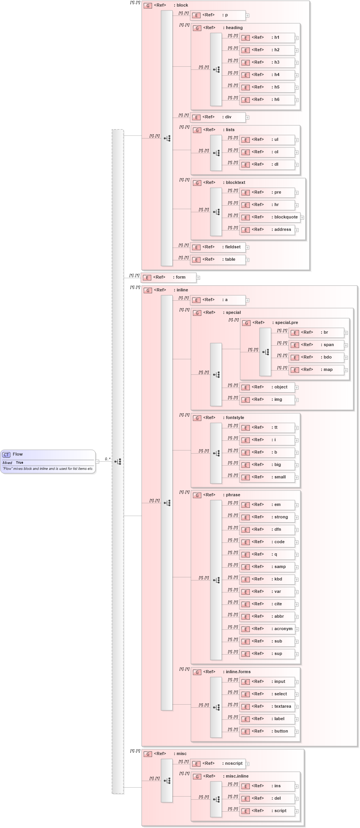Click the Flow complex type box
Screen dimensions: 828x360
click(48, 461)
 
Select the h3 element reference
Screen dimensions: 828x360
click(267, 62)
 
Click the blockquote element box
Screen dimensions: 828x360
click(270, 217)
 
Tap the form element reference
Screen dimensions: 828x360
click(169, 277)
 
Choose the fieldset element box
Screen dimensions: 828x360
click(218, 247)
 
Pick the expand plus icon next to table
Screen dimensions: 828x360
click(247, 260)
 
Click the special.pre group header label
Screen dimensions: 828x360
click(285, 323)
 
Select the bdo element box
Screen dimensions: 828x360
click(316, 357)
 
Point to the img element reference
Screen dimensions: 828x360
click(267, 400)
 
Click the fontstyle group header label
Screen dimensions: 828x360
click(235, 418)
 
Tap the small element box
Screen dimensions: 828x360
click(267, 477)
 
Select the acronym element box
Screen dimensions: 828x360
click(267, 629)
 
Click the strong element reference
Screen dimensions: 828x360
click(267, 517)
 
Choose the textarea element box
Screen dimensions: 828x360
click(267, 707)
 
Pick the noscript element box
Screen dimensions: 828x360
click(218, 764)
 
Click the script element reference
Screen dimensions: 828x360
click(267, 811)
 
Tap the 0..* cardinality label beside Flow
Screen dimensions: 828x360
click(107, 459)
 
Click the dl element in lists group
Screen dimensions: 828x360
click(267, 165)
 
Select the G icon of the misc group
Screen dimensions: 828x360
click(148, 754)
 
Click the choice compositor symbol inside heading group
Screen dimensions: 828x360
click(216, 70)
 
